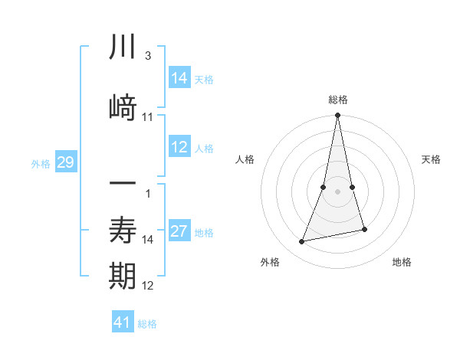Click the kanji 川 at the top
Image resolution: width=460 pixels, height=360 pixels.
click(x=123, y=48)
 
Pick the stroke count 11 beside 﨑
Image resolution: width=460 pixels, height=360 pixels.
click(x=148, y=117)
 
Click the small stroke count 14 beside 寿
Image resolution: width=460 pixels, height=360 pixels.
click(x=148, y=240)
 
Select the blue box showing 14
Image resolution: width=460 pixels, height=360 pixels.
click(x=179, y=77)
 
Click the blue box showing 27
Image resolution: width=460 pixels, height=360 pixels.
click(x=179, y=231)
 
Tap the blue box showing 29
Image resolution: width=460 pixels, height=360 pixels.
click(x=65, y=162)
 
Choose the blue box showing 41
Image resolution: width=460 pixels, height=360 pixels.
click(x=123, y=322)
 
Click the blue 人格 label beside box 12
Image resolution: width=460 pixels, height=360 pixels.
click(x=204, y=148)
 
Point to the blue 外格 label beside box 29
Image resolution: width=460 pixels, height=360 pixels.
click(x=41, y=163)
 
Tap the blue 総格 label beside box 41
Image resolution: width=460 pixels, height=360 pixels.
click(x=147, y=324)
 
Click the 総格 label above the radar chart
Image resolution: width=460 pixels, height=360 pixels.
click(x=338, y=100)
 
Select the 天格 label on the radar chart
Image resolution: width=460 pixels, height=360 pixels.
click(x=432, y=159)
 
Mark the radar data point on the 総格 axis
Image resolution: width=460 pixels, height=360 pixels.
click(x=337, y=116)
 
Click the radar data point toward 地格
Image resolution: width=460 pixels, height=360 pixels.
click(x=364, y=229)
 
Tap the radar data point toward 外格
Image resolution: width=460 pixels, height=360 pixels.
click(x=302, y=242)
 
